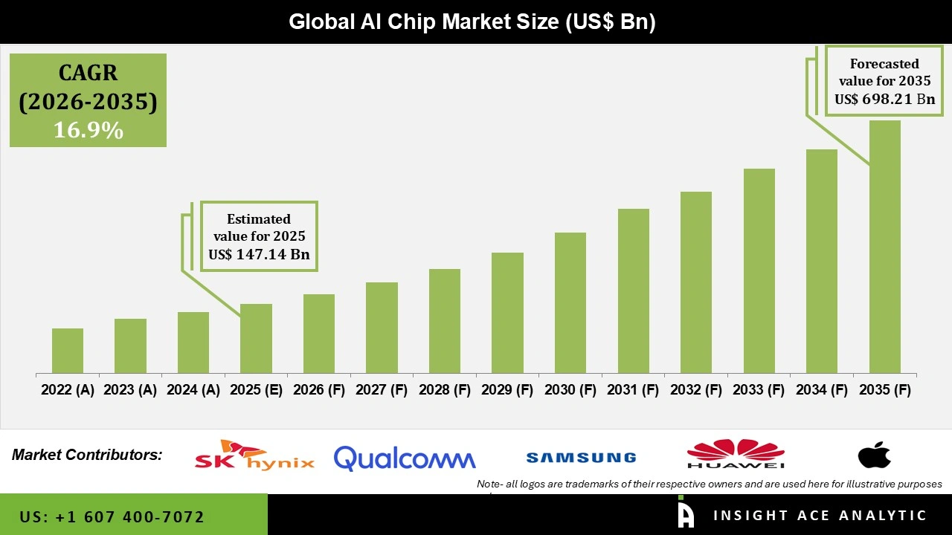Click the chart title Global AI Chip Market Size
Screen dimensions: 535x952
click(x=472, y=22)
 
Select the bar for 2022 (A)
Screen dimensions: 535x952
click(x=68, y=351)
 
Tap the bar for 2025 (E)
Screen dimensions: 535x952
click(x=256, y=338)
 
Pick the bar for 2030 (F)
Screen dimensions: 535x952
click(x=570, y=302)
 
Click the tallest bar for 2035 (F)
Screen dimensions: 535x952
click(x=884, y=247)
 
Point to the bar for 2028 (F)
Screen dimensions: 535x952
click(x=445, y=321)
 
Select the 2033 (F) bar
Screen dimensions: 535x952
click(x=759, y=270)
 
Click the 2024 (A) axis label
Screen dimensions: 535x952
click(x=193, y=390)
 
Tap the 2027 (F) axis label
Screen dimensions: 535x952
click(x=382, y=390)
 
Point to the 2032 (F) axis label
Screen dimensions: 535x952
click(x=696, y=390)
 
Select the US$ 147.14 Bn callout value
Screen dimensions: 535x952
click(x=259, y=255)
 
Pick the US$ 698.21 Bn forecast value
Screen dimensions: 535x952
click(x=884, y=99)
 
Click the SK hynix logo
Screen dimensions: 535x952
click(x=254, y=455)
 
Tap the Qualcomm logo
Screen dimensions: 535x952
click(x=405, y=458)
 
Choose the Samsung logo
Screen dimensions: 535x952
click(x=581, y=458)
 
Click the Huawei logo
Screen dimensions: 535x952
click(x=736, y=455)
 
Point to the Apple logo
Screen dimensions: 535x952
click(x=874, y=455)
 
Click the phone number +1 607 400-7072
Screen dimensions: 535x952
click(x=112, y=516)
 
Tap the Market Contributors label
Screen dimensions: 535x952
click(x=87, y=455)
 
